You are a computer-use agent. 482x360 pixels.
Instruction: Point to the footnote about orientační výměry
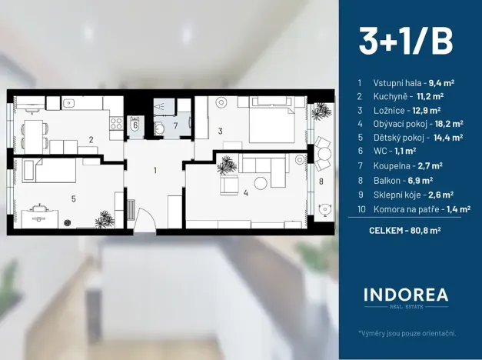pyautogui.click(x=407, y=333)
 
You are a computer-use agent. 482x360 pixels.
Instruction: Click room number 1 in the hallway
pyautogui.click(x=155, y=169)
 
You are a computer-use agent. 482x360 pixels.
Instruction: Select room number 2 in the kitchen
pyautogui.click(x=91, y=139)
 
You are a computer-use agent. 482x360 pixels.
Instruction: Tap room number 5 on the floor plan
pyautogui.click(x=73, y=198)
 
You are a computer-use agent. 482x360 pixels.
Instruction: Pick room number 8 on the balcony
pyautogui.click(x=321, y=181)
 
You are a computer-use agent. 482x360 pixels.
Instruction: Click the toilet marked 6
pyautogui.click(x=135, y=125)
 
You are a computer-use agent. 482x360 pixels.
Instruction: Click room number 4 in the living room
pyautogui.click(x=245, y=192)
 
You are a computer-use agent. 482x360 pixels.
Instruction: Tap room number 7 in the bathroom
pyautogui.click(x=175, y=125)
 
